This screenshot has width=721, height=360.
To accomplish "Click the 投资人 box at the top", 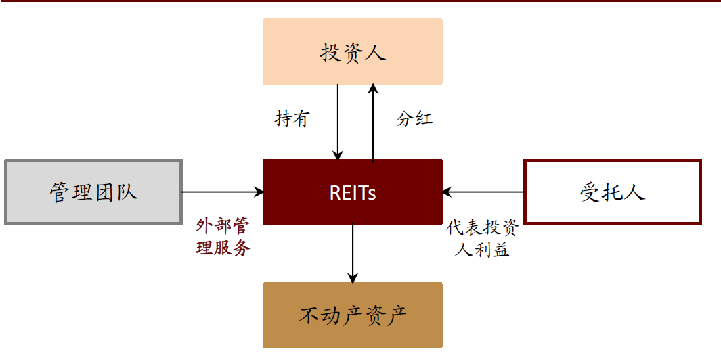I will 353,51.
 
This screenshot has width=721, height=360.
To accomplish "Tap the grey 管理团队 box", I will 93,192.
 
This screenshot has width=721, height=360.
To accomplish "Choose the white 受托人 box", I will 613,192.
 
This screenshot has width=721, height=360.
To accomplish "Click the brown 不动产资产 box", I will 353,315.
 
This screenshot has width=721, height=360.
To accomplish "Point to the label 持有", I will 292,119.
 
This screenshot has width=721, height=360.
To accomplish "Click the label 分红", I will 414,119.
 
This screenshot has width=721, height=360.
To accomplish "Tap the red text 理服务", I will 223,248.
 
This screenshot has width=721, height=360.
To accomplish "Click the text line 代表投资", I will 482,228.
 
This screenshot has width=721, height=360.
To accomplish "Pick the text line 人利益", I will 482,250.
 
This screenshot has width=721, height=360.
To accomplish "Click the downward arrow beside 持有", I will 337,122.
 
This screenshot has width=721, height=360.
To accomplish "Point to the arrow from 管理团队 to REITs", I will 223,192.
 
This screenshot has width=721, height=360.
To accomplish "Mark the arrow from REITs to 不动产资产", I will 353,254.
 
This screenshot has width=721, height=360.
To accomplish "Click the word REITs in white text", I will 353,193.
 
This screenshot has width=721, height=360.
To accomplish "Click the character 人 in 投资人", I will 374,53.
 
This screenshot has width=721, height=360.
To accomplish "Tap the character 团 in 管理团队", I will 104,192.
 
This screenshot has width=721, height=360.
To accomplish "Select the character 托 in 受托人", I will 613,192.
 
